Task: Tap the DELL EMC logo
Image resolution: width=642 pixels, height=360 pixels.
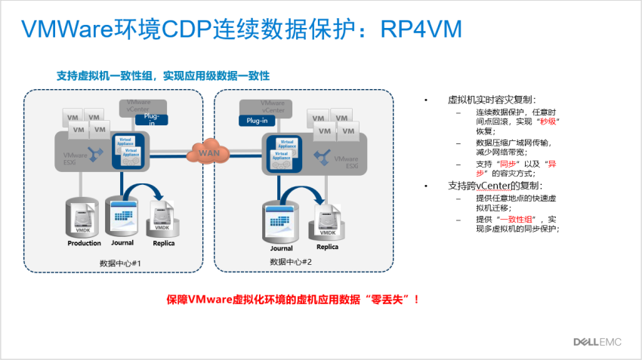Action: [x=596, y=342]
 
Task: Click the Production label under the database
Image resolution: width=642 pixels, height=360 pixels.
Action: [x=84, y=243]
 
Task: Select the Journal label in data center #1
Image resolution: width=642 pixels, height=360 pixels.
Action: [x=122, y=242]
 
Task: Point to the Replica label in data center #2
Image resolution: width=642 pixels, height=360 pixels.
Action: [x=327, y=247]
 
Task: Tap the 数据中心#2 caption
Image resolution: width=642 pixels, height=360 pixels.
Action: [x=291, y=261]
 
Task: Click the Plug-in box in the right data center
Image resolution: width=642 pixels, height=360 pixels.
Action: [x=257, y=120]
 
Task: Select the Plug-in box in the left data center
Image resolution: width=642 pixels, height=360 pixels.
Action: [x=151, y=121]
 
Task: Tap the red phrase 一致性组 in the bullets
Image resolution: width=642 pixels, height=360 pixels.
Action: [x=519, y=219]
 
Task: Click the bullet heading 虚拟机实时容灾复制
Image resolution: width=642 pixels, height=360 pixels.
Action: [x=492, y=100]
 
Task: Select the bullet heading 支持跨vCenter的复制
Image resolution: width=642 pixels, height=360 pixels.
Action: [x=495, y=186]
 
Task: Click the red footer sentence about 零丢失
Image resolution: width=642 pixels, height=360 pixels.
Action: [x=292, y=299]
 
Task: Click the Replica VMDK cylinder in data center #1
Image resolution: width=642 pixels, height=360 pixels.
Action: [x=162, y=217]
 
